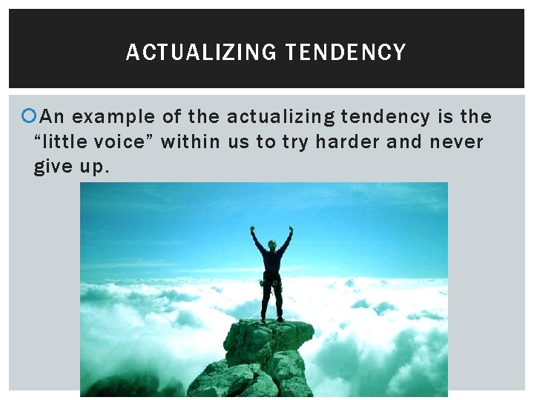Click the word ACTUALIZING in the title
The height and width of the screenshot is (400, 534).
pyautogui.click(x=201, y=53)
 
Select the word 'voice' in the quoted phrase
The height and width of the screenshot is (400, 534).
pyautogui.click(x=128, y=141)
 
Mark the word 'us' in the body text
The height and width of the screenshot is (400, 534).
pyautogui.click(x=238, y=141)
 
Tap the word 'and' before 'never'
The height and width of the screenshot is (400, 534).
pyautogui.click(x=404, y=141)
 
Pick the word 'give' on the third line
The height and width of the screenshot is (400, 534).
pyautogui.click(x=52, y=167)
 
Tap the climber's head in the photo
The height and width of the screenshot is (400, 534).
pyautogui.click(x=271, y=244)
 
